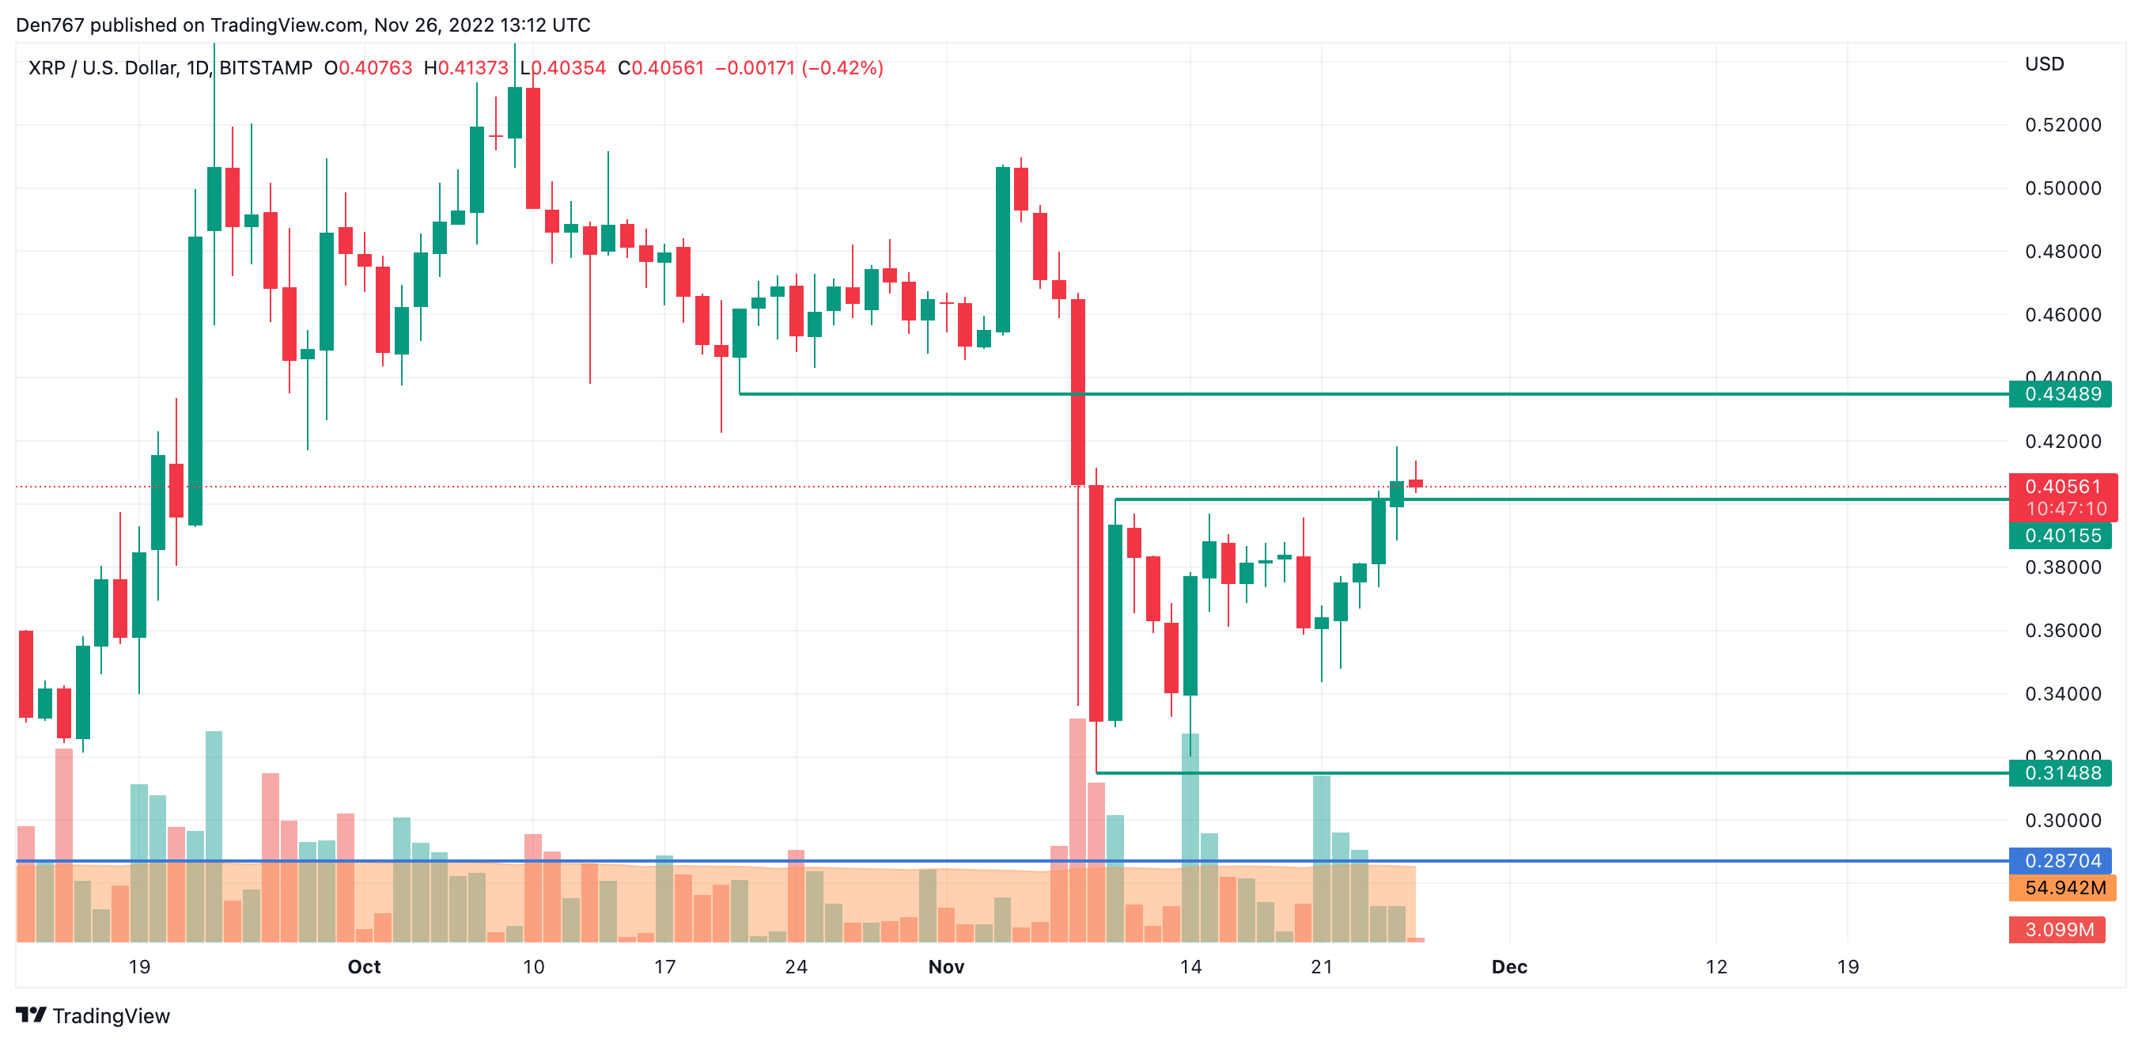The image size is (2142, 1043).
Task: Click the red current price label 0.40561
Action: point(2062,487)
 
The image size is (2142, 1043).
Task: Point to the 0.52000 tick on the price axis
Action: point(2062,125)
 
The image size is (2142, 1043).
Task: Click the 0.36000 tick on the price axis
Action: point(2062,631)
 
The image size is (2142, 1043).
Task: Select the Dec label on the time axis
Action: point(1508,966)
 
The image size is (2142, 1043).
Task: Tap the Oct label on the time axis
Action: point(363,966)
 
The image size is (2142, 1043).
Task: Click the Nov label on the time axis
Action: point(945,966)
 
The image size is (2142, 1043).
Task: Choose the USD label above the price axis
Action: point(2044,64)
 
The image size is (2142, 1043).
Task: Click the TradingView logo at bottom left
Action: point(93,1015)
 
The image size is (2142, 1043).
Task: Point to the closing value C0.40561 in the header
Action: point(661,68)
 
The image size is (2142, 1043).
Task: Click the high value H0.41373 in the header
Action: point(466,68)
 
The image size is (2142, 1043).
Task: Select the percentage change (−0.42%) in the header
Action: point(842,68)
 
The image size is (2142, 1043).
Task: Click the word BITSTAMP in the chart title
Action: point(265,68)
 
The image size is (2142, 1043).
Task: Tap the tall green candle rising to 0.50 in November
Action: point(1003,249)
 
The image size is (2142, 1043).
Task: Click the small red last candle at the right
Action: point(1415,484)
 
